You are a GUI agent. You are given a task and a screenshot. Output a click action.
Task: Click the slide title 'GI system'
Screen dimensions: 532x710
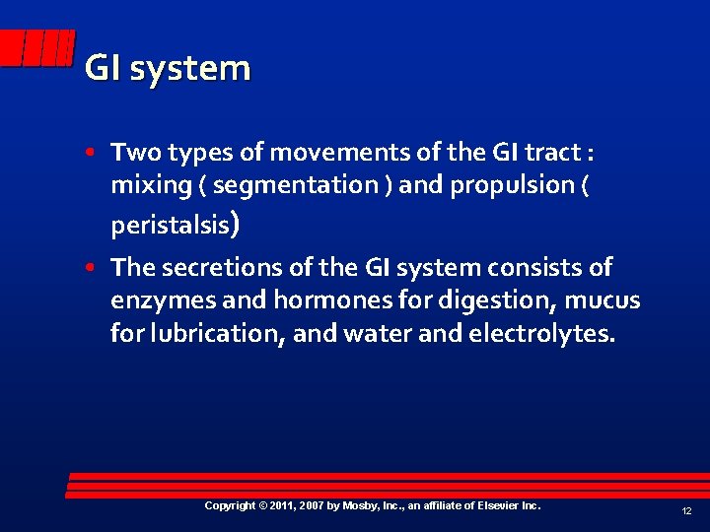(168, 69)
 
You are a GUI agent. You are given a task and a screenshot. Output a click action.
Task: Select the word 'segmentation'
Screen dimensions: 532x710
(304, 184)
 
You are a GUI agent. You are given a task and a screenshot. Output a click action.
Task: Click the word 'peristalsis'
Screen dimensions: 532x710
(169, 226)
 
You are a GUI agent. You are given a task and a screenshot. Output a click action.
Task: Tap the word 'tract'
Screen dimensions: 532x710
(553, 153)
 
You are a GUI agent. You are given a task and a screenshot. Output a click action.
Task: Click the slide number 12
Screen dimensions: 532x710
(685, 511)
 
